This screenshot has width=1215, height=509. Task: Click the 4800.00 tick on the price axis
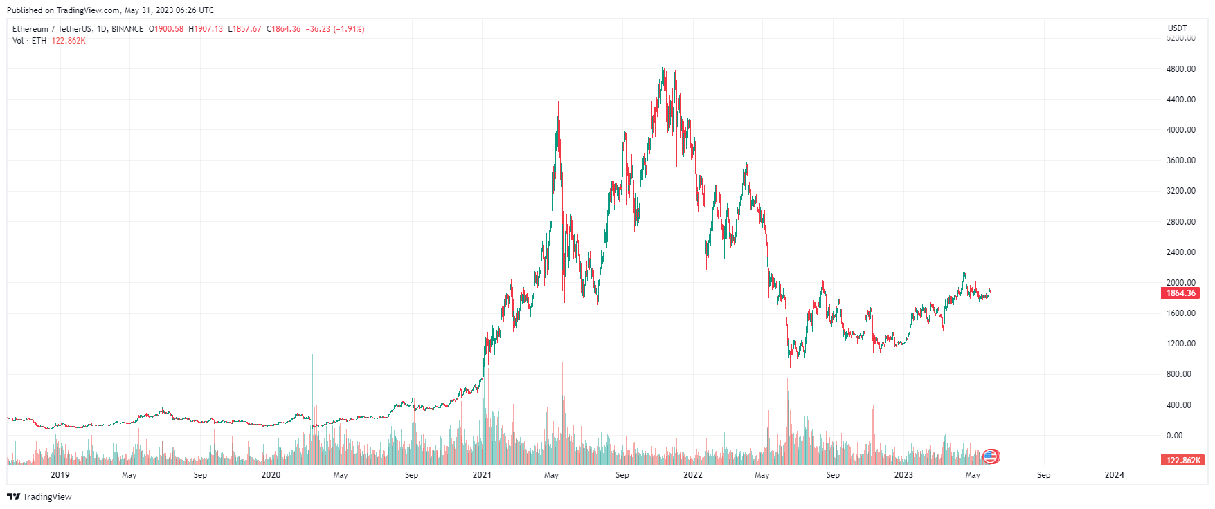click(1180, 69)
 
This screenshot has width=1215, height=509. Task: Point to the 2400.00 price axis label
click(1180, 252)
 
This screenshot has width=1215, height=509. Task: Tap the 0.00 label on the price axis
click(1174, 436)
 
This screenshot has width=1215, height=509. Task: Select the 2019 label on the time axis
click(60, 475)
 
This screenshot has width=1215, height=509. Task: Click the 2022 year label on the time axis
click(692, 475)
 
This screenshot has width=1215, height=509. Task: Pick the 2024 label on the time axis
click(1114, 475)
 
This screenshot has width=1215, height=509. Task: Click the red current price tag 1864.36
click(1180, 293)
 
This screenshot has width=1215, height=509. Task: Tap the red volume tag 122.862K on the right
click(1183, 461)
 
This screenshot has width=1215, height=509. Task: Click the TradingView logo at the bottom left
click(39, 497)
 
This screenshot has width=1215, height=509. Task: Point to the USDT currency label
click(1177, 28)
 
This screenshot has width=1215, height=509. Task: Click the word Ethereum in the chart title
click(30, 29)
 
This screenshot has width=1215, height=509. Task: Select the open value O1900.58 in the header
click(166, 29)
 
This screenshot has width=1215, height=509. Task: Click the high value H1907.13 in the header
click(206, 29)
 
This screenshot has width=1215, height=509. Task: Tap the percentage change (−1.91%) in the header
click(349, 29)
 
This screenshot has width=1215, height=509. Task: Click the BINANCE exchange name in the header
click(127, 29)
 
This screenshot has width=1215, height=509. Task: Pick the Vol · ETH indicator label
click(29, 41)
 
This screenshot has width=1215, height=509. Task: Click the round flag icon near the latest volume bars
click(991, 456)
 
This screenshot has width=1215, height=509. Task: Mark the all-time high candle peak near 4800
click(663, 66)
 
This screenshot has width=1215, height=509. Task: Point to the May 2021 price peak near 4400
click(558, 103)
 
